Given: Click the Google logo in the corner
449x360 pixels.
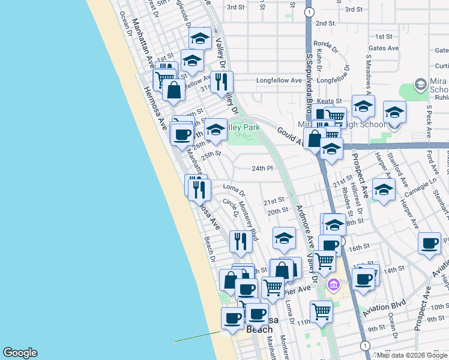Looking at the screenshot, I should point(20,353).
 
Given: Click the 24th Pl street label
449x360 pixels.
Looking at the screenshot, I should point(262,169).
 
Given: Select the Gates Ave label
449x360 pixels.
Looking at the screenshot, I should point(384,48).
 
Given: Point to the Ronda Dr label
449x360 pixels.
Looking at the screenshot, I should point(322,43).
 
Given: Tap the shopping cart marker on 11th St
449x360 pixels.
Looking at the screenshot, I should point(322,311).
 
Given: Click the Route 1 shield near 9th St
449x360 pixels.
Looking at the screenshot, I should point(364,345).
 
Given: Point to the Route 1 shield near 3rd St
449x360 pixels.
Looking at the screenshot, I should point(309,11).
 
